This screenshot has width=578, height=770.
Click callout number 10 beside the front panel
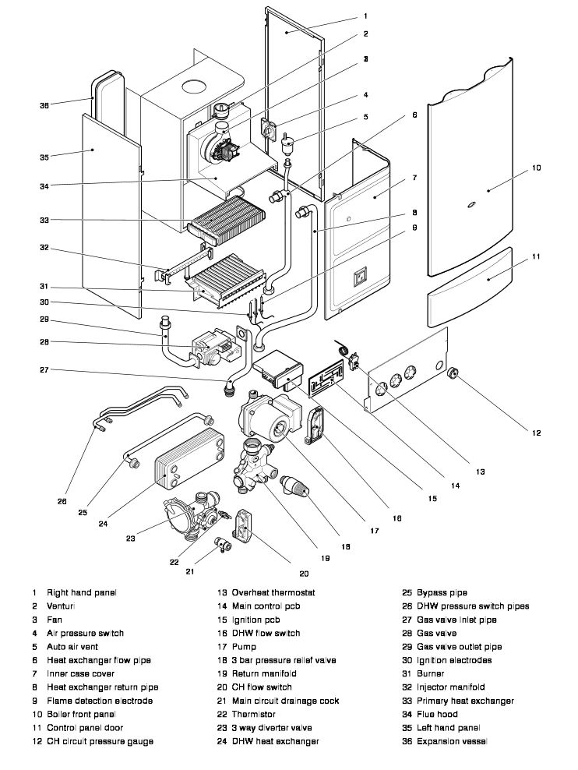(x=537, y=168)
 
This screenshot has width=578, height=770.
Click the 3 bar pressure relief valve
(x=298, y=489)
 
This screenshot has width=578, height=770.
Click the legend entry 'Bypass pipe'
(x=442, y=593)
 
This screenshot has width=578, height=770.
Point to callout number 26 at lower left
(x=62, y=502)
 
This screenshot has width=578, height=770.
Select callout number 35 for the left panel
(x=44, y=157)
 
